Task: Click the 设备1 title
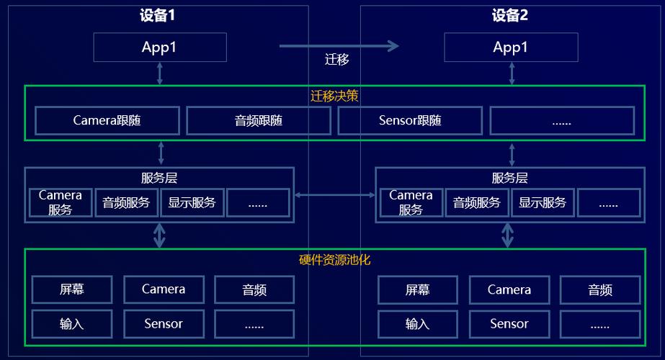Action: point(157,15)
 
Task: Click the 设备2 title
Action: point(510,15)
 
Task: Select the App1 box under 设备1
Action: point(160,47)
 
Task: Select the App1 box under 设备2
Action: point(511,47)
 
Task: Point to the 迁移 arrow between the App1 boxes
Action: point(339,46)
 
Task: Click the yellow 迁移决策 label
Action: point(334,96)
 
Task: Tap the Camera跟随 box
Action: point(107,121)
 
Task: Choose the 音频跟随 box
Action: point(259,121)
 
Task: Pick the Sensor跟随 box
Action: point(410,121)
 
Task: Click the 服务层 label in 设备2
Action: point(510,178)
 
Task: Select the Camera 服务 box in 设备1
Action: point(61,203)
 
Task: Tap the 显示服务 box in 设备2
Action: point(543,203)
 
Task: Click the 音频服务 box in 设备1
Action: point(126,203)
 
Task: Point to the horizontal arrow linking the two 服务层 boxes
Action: point(334,195)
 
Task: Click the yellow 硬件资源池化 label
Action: point(334,260)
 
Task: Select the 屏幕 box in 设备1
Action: point(72,289)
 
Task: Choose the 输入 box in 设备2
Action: point(418,325)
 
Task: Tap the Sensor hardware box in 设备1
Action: point(164,325)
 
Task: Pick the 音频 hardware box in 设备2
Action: point(600,290)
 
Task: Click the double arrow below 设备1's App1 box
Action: point(160,73)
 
